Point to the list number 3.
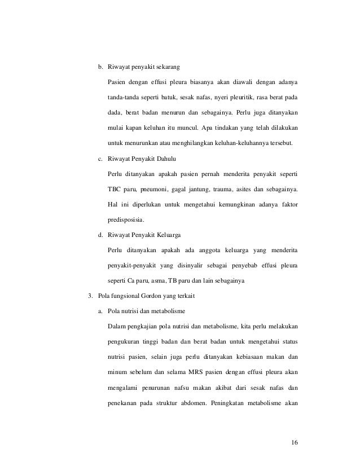[85, 295]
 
